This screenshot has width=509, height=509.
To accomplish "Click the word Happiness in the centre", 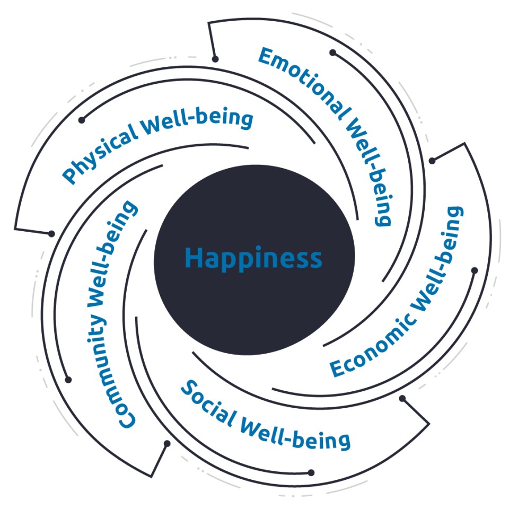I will coord(253,259).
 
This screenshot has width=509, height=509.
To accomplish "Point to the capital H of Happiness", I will coord(193,259).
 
